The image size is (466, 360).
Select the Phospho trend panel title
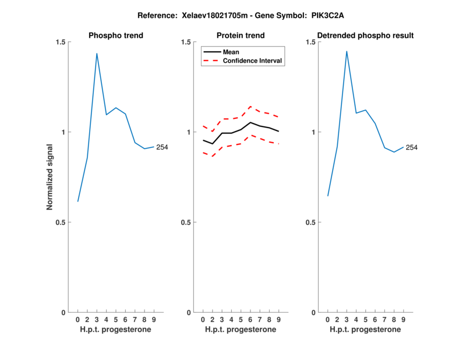116,36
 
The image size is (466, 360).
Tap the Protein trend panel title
241,36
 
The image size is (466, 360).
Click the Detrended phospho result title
366,36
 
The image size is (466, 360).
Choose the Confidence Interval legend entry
253,61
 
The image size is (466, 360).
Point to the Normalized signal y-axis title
50,177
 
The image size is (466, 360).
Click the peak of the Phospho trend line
97,54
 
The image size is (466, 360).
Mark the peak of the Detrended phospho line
347,51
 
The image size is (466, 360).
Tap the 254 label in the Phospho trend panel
162,147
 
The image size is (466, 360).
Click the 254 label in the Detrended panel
411,147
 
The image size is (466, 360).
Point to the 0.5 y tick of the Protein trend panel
186,223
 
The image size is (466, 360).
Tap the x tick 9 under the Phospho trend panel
154,320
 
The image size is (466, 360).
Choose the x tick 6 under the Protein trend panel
250,320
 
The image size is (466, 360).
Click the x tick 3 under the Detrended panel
347,320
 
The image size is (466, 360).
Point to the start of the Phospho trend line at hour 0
77,202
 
